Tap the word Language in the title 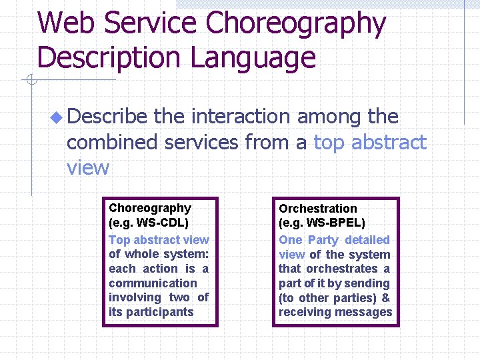coord(253,58)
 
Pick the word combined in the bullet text coord(112,142)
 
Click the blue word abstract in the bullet coord(388,142)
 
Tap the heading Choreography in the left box coord(150,208)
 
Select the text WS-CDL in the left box coord(163,223)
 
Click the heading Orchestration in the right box coord(318,209)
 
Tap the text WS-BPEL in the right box coord(336,223)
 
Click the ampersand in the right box coord(385,297)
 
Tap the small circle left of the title coord(30,81)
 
